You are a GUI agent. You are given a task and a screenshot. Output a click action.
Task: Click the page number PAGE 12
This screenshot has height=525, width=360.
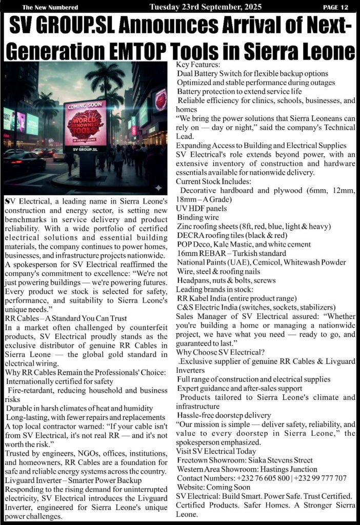335,7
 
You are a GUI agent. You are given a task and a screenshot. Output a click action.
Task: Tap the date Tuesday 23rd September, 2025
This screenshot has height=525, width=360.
205,7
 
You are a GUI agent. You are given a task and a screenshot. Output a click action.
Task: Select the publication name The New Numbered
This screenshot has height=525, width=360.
50,7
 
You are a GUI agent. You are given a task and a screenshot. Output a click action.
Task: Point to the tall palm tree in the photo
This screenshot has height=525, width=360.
105,82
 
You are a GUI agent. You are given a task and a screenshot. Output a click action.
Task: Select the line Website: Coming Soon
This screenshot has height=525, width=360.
213,487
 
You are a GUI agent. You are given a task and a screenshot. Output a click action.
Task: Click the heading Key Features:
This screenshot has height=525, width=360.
197,65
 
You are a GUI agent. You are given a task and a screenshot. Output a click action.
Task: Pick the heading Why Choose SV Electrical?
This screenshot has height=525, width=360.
221,352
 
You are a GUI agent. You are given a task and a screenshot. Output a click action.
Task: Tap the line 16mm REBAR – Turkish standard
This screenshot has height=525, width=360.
231,254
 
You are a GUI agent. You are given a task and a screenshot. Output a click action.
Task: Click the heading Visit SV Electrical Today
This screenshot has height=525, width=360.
216,451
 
